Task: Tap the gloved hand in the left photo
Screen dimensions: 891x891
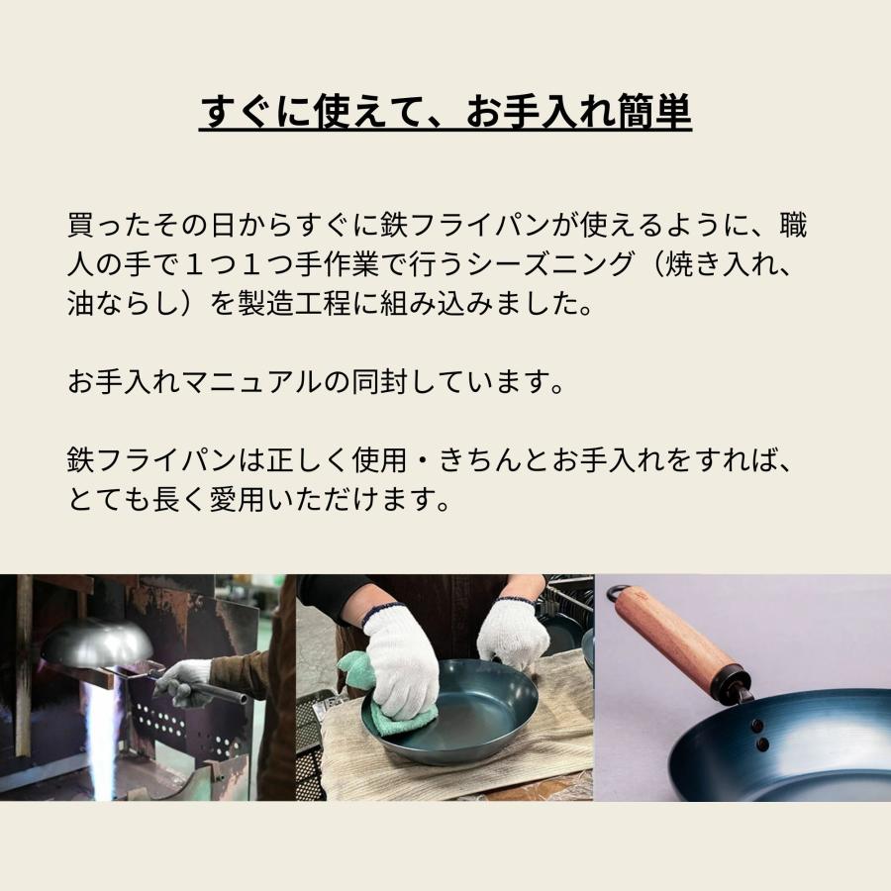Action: coord(184,681)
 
